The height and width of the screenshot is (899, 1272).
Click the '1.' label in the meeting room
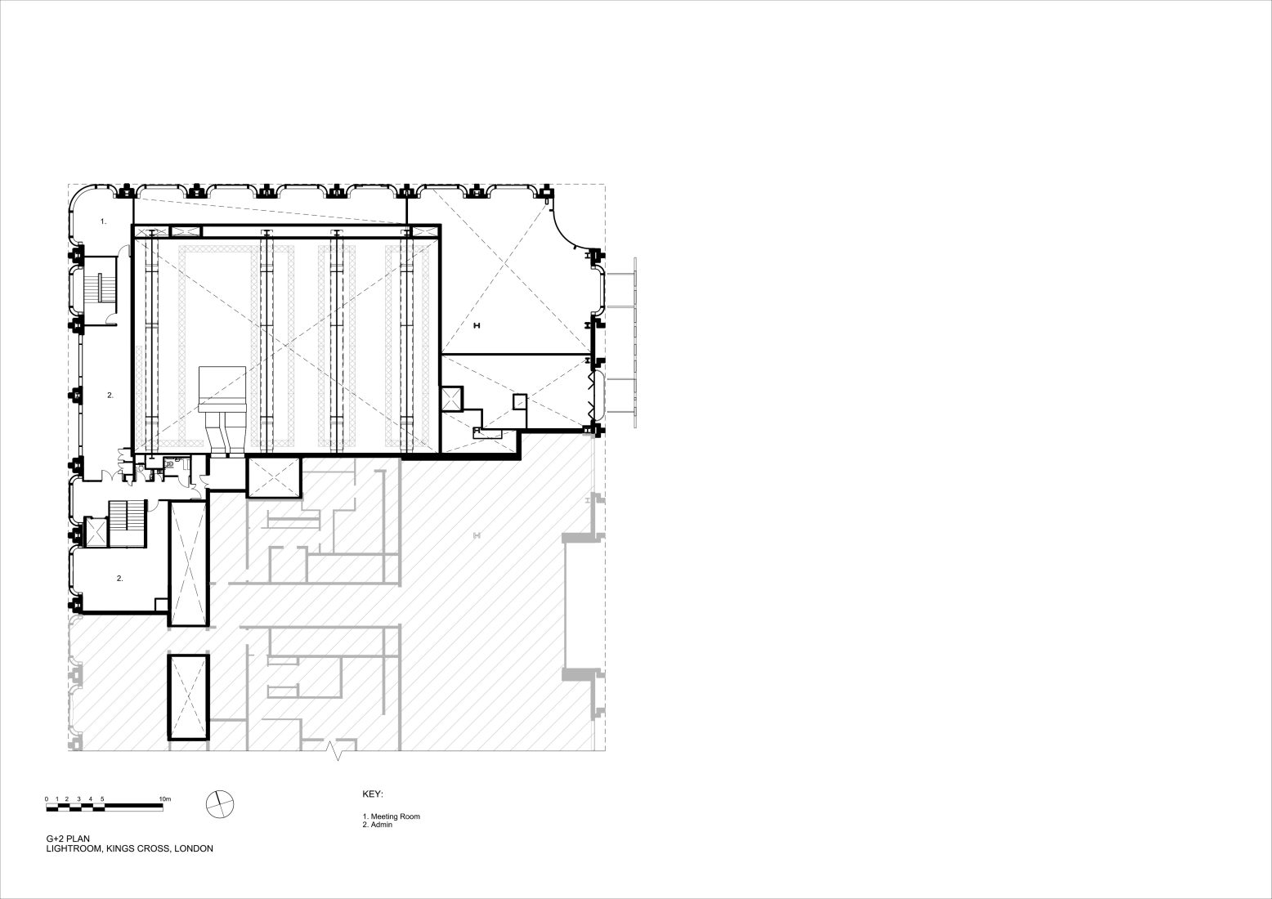103,221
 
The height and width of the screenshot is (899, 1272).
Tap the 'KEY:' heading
373,794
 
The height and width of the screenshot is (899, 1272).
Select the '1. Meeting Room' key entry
392,816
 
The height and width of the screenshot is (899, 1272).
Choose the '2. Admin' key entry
377,825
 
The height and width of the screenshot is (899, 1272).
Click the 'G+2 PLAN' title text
68,839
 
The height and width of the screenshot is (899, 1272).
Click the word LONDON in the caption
194,849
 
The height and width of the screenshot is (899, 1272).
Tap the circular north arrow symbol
220,804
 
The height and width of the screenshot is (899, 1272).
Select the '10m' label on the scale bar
164,799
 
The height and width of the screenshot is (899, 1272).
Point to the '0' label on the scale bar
47,799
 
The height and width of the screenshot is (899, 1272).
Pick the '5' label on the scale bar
102,799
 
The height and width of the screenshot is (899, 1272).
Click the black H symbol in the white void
477,326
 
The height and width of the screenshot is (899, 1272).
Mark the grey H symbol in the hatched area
477,535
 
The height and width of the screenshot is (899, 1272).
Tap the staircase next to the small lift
127,523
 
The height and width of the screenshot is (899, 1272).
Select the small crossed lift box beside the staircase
95,532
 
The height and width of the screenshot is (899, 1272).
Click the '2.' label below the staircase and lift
120,579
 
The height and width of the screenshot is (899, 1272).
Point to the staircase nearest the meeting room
100,290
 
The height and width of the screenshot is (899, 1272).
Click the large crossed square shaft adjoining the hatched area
274,478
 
